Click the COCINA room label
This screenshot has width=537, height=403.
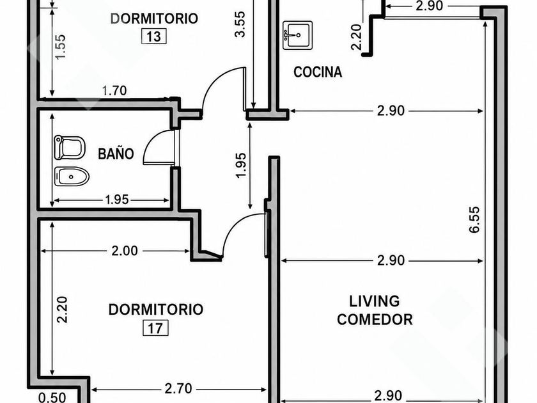[x=318, y=72]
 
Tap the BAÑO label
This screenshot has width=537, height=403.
[x=116, y=154]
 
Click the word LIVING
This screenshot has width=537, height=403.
[x=375, y=301]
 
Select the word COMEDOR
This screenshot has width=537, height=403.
[x=375, y=319]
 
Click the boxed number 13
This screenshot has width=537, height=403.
[x=154, y=36]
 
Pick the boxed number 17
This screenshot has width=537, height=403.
[x=155, y=328]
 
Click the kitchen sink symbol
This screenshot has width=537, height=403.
[x=298, y=35]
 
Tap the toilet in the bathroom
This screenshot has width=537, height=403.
[x=70, y=148]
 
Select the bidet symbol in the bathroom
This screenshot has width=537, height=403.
[x=72, y=177]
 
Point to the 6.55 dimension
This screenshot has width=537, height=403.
[x=474, y=219]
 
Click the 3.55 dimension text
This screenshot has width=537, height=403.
[x=240, y=24]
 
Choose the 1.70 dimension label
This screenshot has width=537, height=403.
[x=114, y=90]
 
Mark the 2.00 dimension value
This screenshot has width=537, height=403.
[x=125, y=251]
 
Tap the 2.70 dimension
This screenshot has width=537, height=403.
[x=178, y=389]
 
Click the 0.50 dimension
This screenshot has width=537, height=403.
[x=52, y=397]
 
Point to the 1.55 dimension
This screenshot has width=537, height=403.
[x=60, y=47]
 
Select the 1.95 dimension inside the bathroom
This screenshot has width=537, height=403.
[x=117, y=200]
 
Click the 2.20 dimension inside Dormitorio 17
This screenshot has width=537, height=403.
[x=63, y=310]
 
